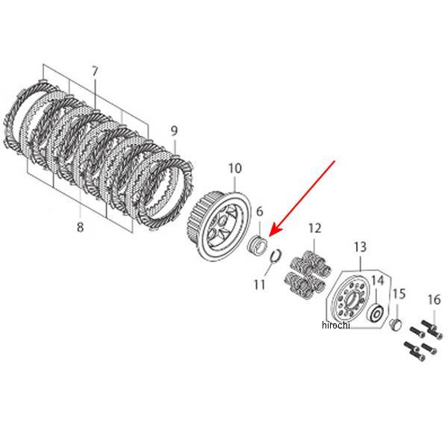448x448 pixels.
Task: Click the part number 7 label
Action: (x=95, y=72)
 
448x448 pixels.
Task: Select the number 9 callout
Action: (x=174, y=131)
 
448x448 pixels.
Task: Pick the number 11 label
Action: (x=259, y=284)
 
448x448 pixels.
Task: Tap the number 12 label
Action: (x=314, y=227)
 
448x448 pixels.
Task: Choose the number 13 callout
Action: (x=360, y=247)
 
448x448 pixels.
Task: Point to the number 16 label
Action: (x=434, y=300)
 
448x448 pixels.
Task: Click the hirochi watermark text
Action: (x=335, y=326)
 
